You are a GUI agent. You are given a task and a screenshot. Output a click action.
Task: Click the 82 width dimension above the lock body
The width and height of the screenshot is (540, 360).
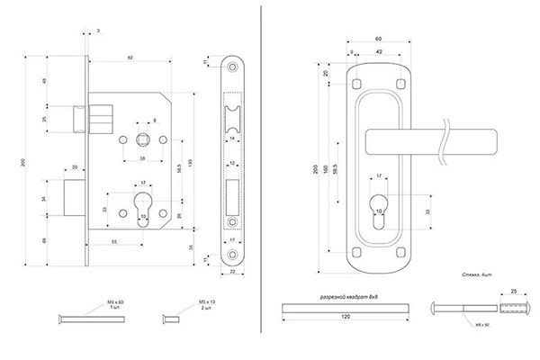pos(132,58)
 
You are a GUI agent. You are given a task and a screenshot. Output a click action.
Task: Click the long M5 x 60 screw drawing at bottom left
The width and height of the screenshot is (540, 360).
pos(86,318)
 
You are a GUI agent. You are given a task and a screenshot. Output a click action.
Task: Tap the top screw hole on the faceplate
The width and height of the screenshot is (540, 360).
pos(233,68)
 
